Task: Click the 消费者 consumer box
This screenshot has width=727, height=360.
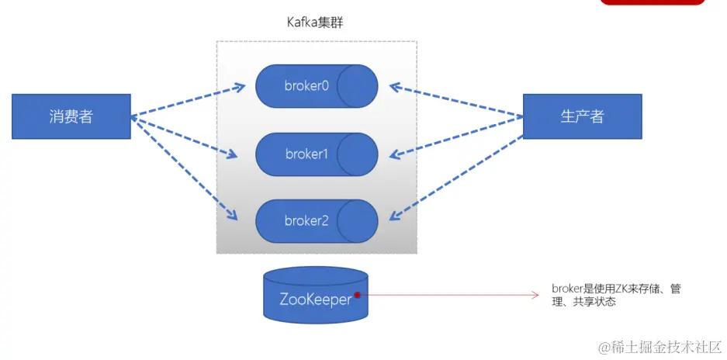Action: (x=71, y=116)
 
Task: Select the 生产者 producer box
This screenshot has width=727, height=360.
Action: (x=582, y=116)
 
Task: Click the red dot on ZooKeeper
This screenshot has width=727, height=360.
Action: (x=358, y=295)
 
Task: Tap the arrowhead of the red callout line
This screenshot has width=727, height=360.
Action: (x=535, y=295)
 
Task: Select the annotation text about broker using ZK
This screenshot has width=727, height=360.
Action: (x=616, y=295)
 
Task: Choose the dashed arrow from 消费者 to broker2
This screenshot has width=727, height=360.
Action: (x=185, y=167)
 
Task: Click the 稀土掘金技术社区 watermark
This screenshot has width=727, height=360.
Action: (x=658, y=344)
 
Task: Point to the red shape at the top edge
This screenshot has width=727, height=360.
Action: (x=653, y=2)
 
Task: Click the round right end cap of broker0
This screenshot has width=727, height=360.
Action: (x=358, y=86)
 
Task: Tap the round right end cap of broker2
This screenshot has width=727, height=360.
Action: (x=358, y=221)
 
